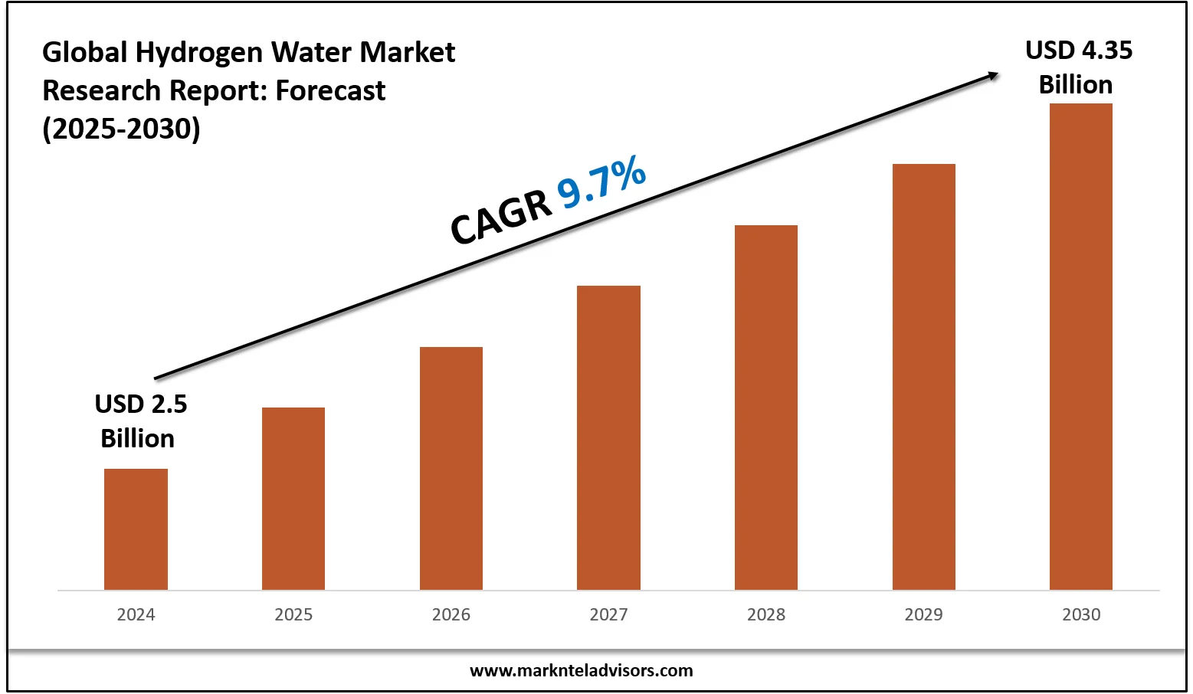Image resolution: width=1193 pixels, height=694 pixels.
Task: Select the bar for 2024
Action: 136,529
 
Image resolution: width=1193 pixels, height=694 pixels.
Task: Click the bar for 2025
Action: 293,499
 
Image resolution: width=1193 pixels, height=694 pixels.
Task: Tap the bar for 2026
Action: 451,468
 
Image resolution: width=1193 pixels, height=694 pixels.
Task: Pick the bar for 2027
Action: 608,437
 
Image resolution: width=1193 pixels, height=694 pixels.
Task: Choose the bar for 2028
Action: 766,407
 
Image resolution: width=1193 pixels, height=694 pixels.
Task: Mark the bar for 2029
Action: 924,376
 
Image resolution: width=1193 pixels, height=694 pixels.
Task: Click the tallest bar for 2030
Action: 1081,346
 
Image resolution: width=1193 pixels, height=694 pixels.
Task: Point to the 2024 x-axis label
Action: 136,614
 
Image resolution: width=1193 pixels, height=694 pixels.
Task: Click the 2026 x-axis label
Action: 451,614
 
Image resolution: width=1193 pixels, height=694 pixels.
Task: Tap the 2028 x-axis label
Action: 766,614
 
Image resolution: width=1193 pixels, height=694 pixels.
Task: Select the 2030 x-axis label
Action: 1081,614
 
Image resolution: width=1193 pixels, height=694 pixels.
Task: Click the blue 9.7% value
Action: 602,182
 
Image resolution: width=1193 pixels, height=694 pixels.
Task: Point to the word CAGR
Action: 501,218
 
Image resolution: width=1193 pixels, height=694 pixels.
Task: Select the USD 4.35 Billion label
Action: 1078,67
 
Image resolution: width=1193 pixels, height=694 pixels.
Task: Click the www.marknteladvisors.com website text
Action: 581,671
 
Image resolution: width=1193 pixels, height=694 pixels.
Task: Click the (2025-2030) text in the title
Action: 121,129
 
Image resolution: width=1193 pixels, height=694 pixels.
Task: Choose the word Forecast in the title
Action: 330,90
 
